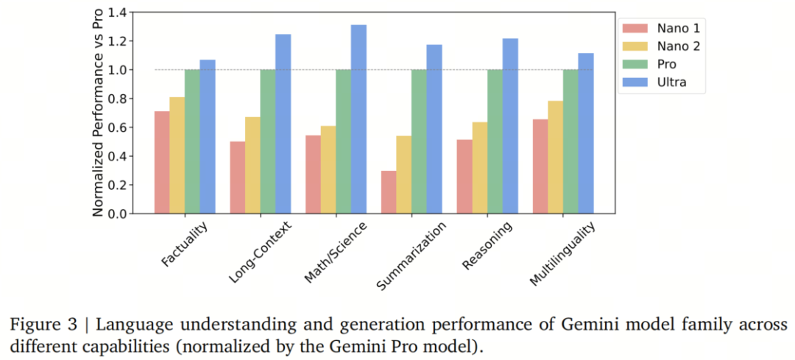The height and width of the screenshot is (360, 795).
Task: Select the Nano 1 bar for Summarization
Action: [389, 192]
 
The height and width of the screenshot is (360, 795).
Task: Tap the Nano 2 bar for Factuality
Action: [177, 155]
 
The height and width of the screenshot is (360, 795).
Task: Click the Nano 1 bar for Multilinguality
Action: [540, 166]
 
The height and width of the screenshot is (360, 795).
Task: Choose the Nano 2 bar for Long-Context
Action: [252, 165]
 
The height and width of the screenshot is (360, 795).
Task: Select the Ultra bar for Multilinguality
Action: [585, 133]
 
